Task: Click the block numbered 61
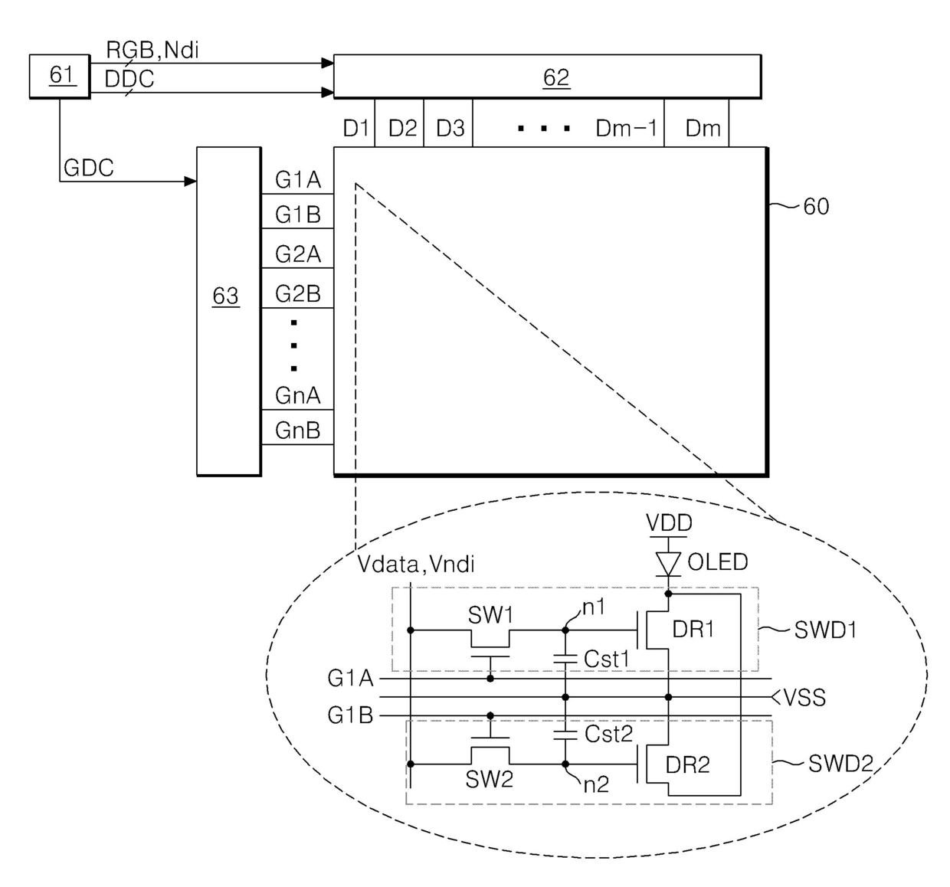click(60, 76)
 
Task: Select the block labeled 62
click(547, 77)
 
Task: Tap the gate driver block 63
click(228, 310)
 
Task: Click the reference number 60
click(816, 207)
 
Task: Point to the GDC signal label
click(89, 169)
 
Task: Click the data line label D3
click(450, 129)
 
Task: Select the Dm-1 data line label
click(626, 129)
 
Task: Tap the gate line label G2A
click(298, 254)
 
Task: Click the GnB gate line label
click(297, 430)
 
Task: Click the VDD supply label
click(669, 523)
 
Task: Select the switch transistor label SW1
click(490, 615)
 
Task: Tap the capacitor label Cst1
click(606, 659)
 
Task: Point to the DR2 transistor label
click(687, 764)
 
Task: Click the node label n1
click(594, 607)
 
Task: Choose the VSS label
click(804, 698)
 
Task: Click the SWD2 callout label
click(840, 764)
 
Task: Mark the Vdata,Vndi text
click(416, 565)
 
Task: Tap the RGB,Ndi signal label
click(152, 51)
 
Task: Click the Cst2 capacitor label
click(608, 734)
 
